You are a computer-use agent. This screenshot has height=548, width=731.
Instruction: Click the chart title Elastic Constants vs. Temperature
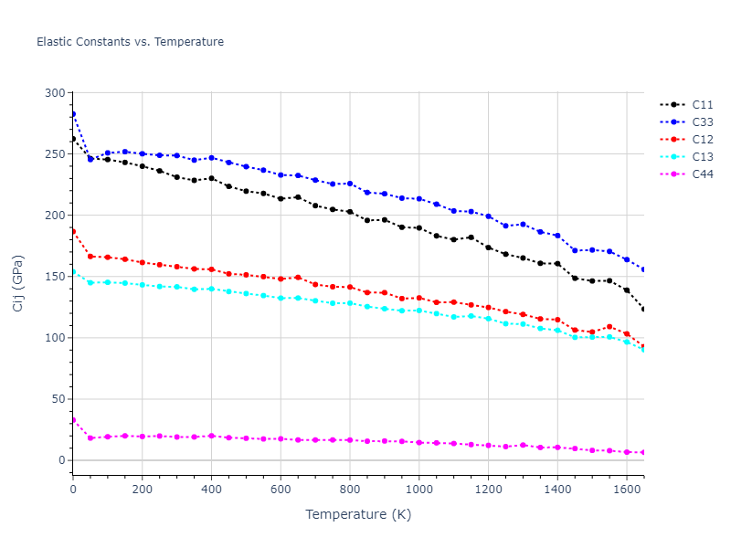pyautogui.click(x=130, y=42)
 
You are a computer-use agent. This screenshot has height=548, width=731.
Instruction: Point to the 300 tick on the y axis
pyautogui.click(x=56, y=93)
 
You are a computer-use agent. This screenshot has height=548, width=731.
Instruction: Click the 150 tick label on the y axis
pyautogui.click(x=56, y=277)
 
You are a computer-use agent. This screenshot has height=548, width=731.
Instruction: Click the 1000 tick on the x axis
pyautogui.click(x=418, y=490)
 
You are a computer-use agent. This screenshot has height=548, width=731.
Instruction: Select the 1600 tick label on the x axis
pyautogui.click(x=626, y=490)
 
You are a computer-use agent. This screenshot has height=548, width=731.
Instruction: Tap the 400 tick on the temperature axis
pyautogui.click(x=211, y=490)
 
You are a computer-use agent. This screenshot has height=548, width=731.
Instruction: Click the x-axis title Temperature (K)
pyautogui.click(x=358, y=515)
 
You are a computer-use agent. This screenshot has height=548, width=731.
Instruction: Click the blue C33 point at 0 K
pyautogui.click(x=73, y=114)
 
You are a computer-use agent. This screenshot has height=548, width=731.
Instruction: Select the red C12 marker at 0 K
pyautogui.click(x=73, y=231)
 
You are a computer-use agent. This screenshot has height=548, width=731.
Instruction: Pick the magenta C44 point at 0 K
pyautogui.click(x=73, y=420)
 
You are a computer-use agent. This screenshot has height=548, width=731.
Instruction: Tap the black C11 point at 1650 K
pyautogui.click(x=643, y=309)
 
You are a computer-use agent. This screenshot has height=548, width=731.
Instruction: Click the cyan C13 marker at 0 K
pyautogui.click(x=73, y=272)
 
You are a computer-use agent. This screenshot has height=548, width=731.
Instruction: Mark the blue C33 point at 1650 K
pyautogui.click(x=643, y=269)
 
